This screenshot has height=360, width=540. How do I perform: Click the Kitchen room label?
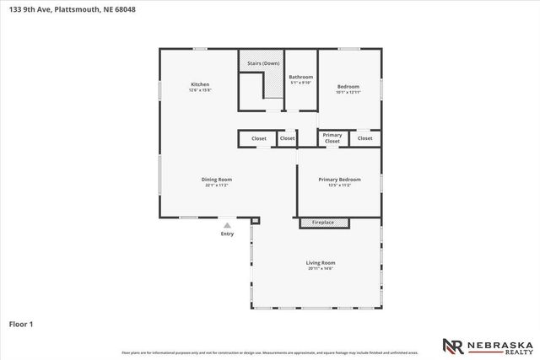pyautogui.click(x=200, y=84)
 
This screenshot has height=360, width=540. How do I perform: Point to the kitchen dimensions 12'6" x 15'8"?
pyautogui.click(x=200, y=90)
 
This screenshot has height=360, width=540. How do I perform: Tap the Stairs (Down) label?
pyautogui.click(x=263, y=64)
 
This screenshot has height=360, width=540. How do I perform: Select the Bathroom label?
pyautogui.click(x=301, y=77)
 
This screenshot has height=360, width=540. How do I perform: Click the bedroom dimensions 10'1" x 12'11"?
pyautogui.click(x=348, y=92)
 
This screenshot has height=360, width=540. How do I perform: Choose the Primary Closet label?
pyautogui.click(x=332, y=138)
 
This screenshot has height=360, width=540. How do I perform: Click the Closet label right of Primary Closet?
pyautogui.click(x=364, y=137)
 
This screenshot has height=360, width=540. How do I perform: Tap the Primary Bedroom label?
pyautogui.click(x=339, y=179)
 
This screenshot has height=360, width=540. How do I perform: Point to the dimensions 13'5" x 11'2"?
pyautogui.click(x=339, y=185)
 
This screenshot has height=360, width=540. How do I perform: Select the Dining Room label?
pyautogui.click(x=217, y=179)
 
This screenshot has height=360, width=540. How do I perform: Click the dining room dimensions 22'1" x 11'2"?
pyautogui.click(x=217, y=185)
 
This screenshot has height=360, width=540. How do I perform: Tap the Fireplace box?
pyautogui.click(x=323, y=223)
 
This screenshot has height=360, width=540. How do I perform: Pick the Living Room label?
pyautogui.click(x=321, y=262)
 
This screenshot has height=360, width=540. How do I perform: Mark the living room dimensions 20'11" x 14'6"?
pyautogui.click(x=321, y=268)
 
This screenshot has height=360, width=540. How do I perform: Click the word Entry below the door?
pyautogui.click(x=227, y=234)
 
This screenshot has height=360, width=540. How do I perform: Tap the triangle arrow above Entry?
pyautogui.click(x=227, y=225)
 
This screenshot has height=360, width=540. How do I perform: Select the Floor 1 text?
pyautogui.click(x=21, y=322)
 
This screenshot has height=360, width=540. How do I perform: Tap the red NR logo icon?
pyautogui.click(x=452, y=346)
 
